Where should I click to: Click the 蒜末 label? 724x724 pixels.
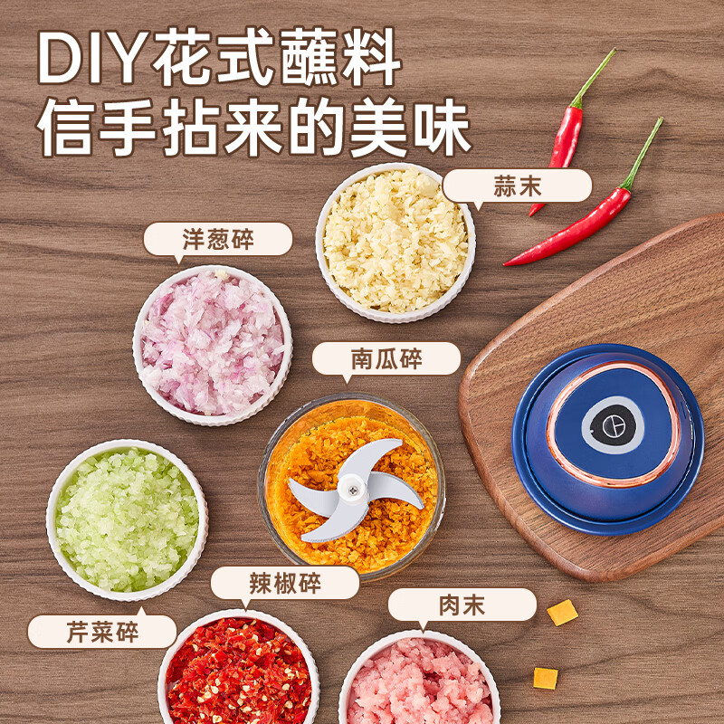tap(518, 186)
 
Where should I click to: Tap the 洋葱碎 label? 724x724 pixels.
tap(218, 240)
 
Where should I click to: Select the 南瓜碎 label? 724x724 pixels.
tap(386, 359)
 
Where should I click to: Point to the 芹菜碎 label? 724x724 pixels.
tap(101, 632)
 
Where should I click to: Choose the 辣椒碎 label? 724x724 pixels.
tap(285, 583)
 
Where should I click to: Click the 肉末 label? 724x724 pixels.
tap(462, 605)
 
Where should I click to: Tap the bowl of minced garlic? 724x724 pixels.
tap(395, 242)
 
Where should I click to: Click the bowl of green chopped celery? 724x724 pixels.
tap(127, 519)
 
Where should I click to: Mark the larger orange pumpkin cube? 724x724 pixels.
tap(562, 613)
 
